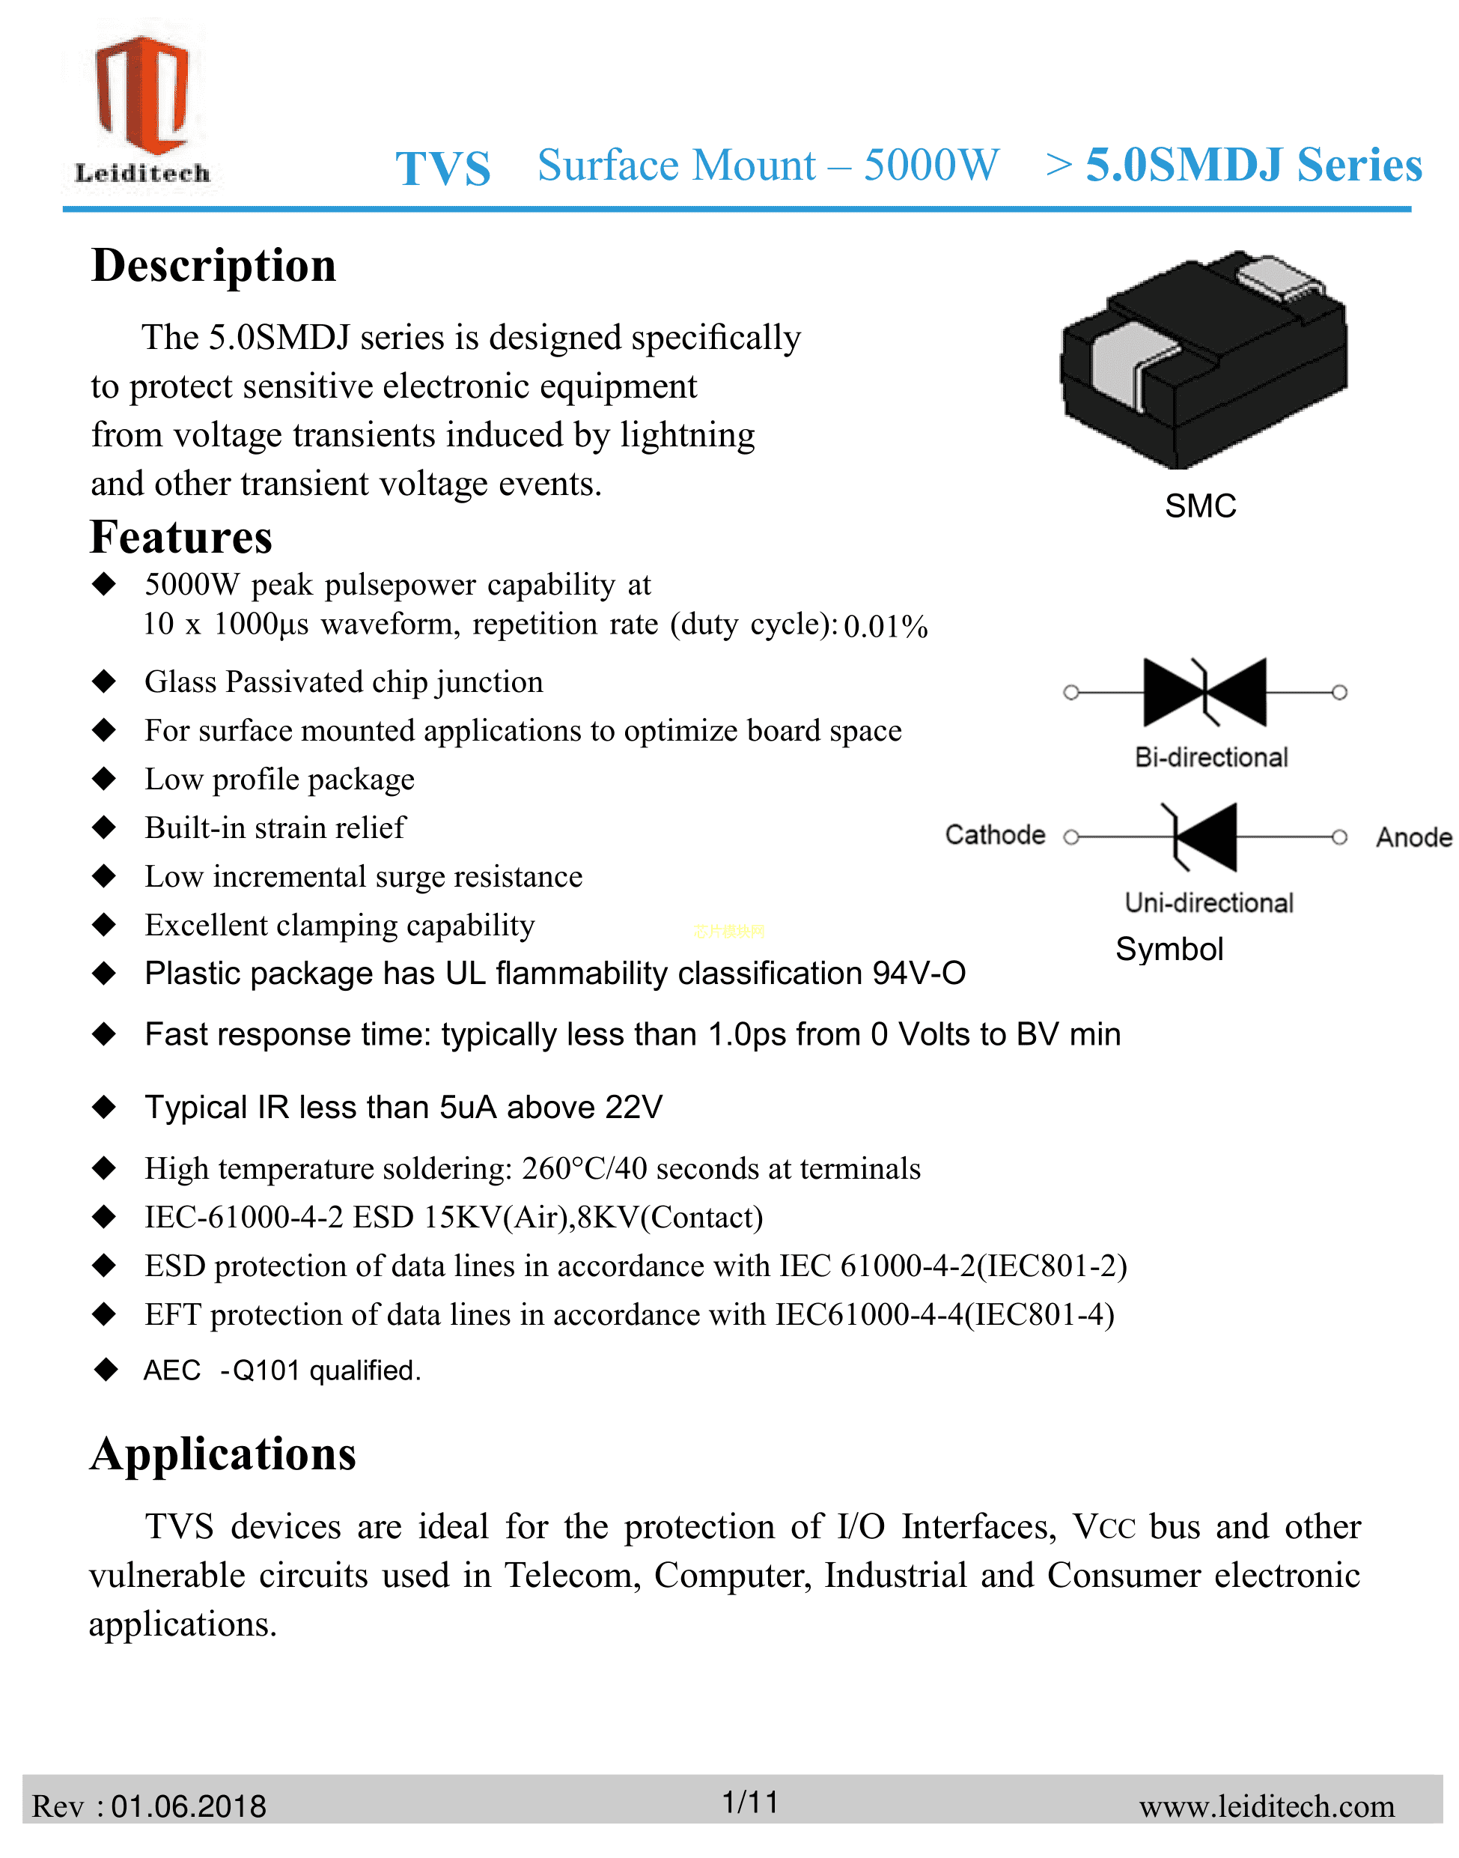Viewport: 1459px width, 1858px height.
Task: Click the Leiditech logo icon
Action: (141, 94)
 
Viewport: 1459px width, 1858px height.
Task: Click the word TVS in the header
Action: (442, 168)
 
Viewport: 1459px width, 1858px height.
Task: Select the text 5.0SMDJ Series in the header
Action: (1253, 165)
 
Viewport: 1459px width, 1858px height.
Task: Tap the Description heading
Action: (213, 266)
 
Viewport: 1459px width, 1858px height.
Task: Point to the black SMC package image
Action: (1204, 359)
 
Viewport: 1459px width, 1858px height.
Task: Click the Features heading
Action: (181, 538)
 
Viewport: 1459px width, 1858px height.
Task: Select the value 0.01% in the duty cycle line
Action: (885, 628)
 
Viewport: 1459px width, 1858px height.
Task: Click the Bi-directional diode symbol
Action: (1204, 692)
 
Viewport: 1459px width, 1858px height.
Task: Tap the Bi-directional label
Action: (1210, 757)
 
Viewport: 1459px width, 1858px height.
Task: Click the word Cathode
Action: (994, 835)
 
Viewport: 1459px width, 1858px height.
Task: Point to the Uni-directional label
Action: (1209, 902)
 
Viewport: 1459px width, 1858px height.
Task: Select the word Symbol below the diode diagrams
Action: (1169, 950)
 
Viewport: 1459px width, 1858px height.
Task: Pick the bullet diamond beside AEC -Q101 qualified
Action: (105, 1369)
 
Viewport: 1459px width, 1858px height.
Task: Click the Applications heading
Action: (223, 1454)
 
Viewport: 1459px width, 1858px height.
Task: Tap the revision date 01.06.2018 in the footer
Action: (189, 1806)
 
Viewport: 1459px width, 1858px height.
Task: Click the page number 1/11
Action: (750, 1802)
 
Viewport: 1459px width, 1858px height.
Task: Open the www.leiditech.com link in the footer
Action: (1266, 1806)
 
